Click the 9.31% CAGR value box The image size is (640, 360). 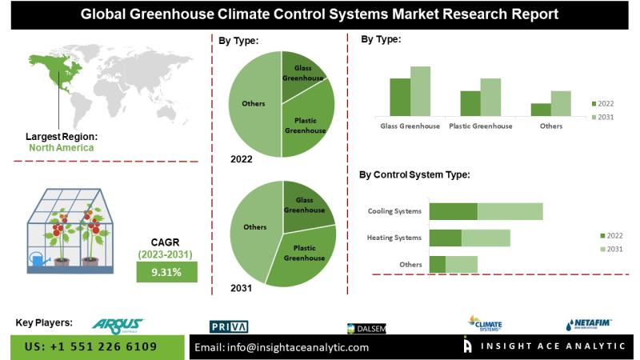click(x=165, y=272)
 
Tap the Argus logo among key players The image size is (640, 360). click(x=117, y=324)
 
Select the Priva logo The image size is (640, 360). click(x=229, y=326)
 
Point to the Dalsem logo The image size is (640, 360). click(x=367, y=328)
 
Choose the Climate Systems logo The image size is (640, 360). click(x=484, y=322)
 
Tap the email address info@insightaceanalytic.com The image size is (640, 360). click(x=282, y=347)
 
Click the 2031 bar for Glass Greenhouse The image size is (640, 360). click(x=420, y=91)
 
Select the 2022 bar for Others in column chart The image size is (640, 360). click(x=541, y=110)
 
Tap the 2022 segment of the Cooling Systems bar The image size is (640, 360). click(x=453, y=211)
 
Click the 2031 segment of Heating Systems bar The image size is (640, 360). click(x=486, y=238)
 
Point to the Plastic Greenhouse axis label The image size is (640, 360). click(x=480, y=126)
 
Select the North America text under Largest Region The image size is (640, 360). click(x=61, y=147)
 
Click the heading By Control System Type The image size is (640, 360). click(x=414, y=174)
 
